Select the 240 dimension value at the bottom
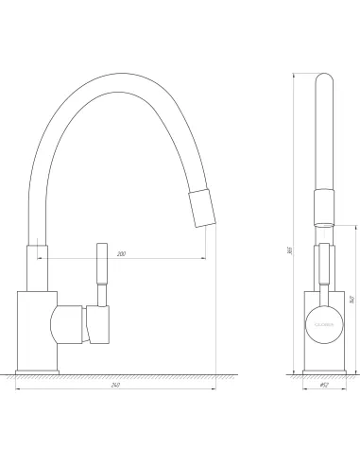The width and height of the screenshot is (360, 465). coord(115,386)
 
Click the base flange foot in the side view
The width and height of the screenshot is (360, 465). coord(39,366)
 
